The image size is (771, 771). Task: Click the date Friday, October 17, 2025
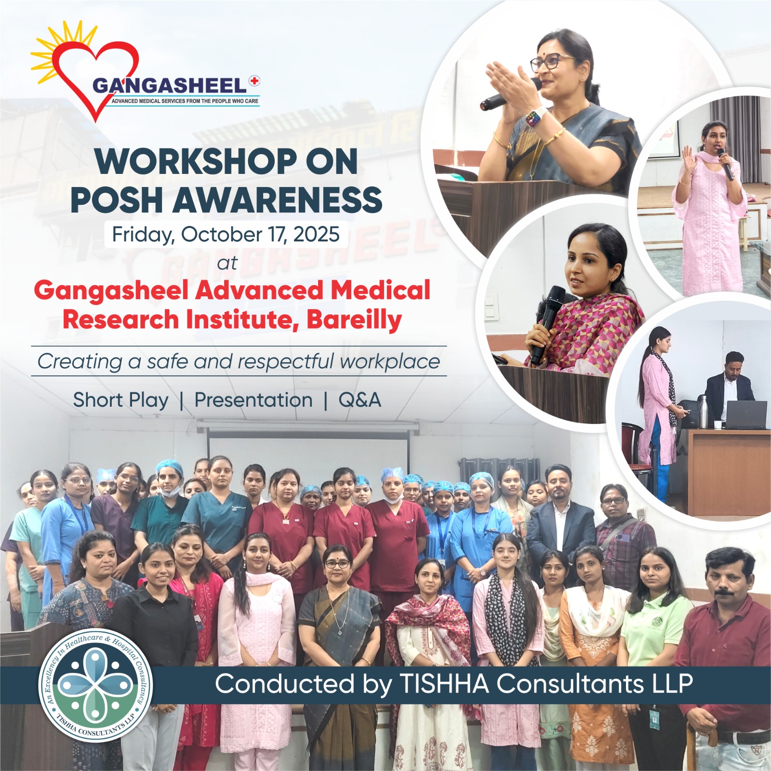(226, 235)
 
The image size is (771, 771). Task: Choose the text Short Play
(120, 400)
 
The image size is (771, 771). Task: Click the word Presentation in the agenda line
(253, 400)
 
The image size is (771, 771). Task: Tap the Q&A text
(360, 400)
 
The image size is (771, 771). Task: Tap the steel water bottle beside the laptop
(703, 412)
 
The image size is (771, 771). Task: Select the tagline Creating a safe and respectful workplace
(239, 361)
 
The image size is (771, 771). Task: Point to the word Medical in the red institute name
(380, 291)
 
